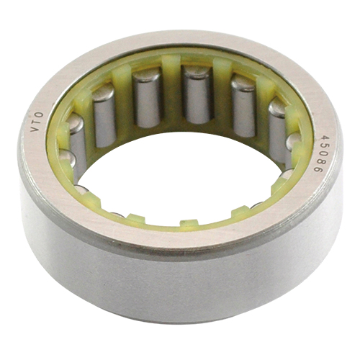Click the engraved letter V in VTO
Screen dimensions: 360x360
(x=35, y=129)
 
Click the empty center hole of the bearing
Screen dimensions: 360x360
(x=178, y=178)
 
